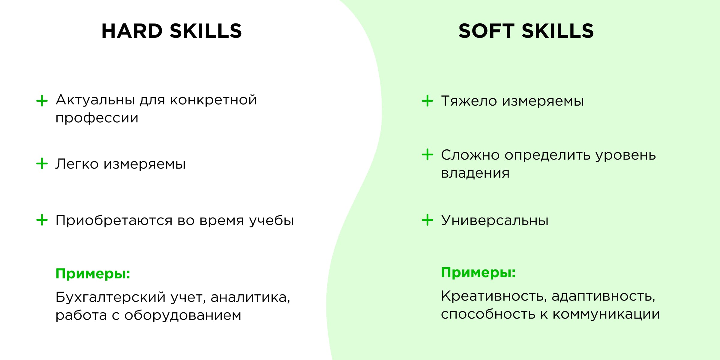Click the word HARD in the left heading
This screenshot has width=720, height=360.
click(132, 31)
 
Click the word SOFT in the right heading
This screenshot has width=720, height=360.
click(486, 31)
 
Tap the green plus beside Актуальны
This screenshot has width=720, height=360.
click(42, 101)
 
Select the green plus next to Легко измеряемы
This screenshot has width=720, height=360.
click(42, 163)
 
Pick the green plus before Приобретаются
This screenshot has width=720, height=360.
click(42, 220)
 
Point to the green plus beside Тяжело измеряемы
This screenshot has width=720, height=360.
click(427, 101)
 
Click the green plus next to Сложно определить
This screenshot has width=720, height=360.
click(427, 154)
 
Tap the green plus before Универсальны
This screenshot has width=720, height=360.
click(427, 220)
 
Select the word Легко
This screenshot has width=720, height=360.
click(77, 164)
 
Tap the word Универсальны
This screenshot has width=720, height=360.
click(495, 220)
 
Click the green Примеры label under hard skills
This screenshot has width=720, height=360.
click(93, 274)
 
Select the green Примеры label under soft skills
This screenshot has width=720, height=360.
click(478, 273)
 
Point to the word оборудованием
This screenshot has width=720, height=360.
click(183, 315)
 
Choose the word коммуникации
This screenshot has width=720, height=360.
click(606, 314)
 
